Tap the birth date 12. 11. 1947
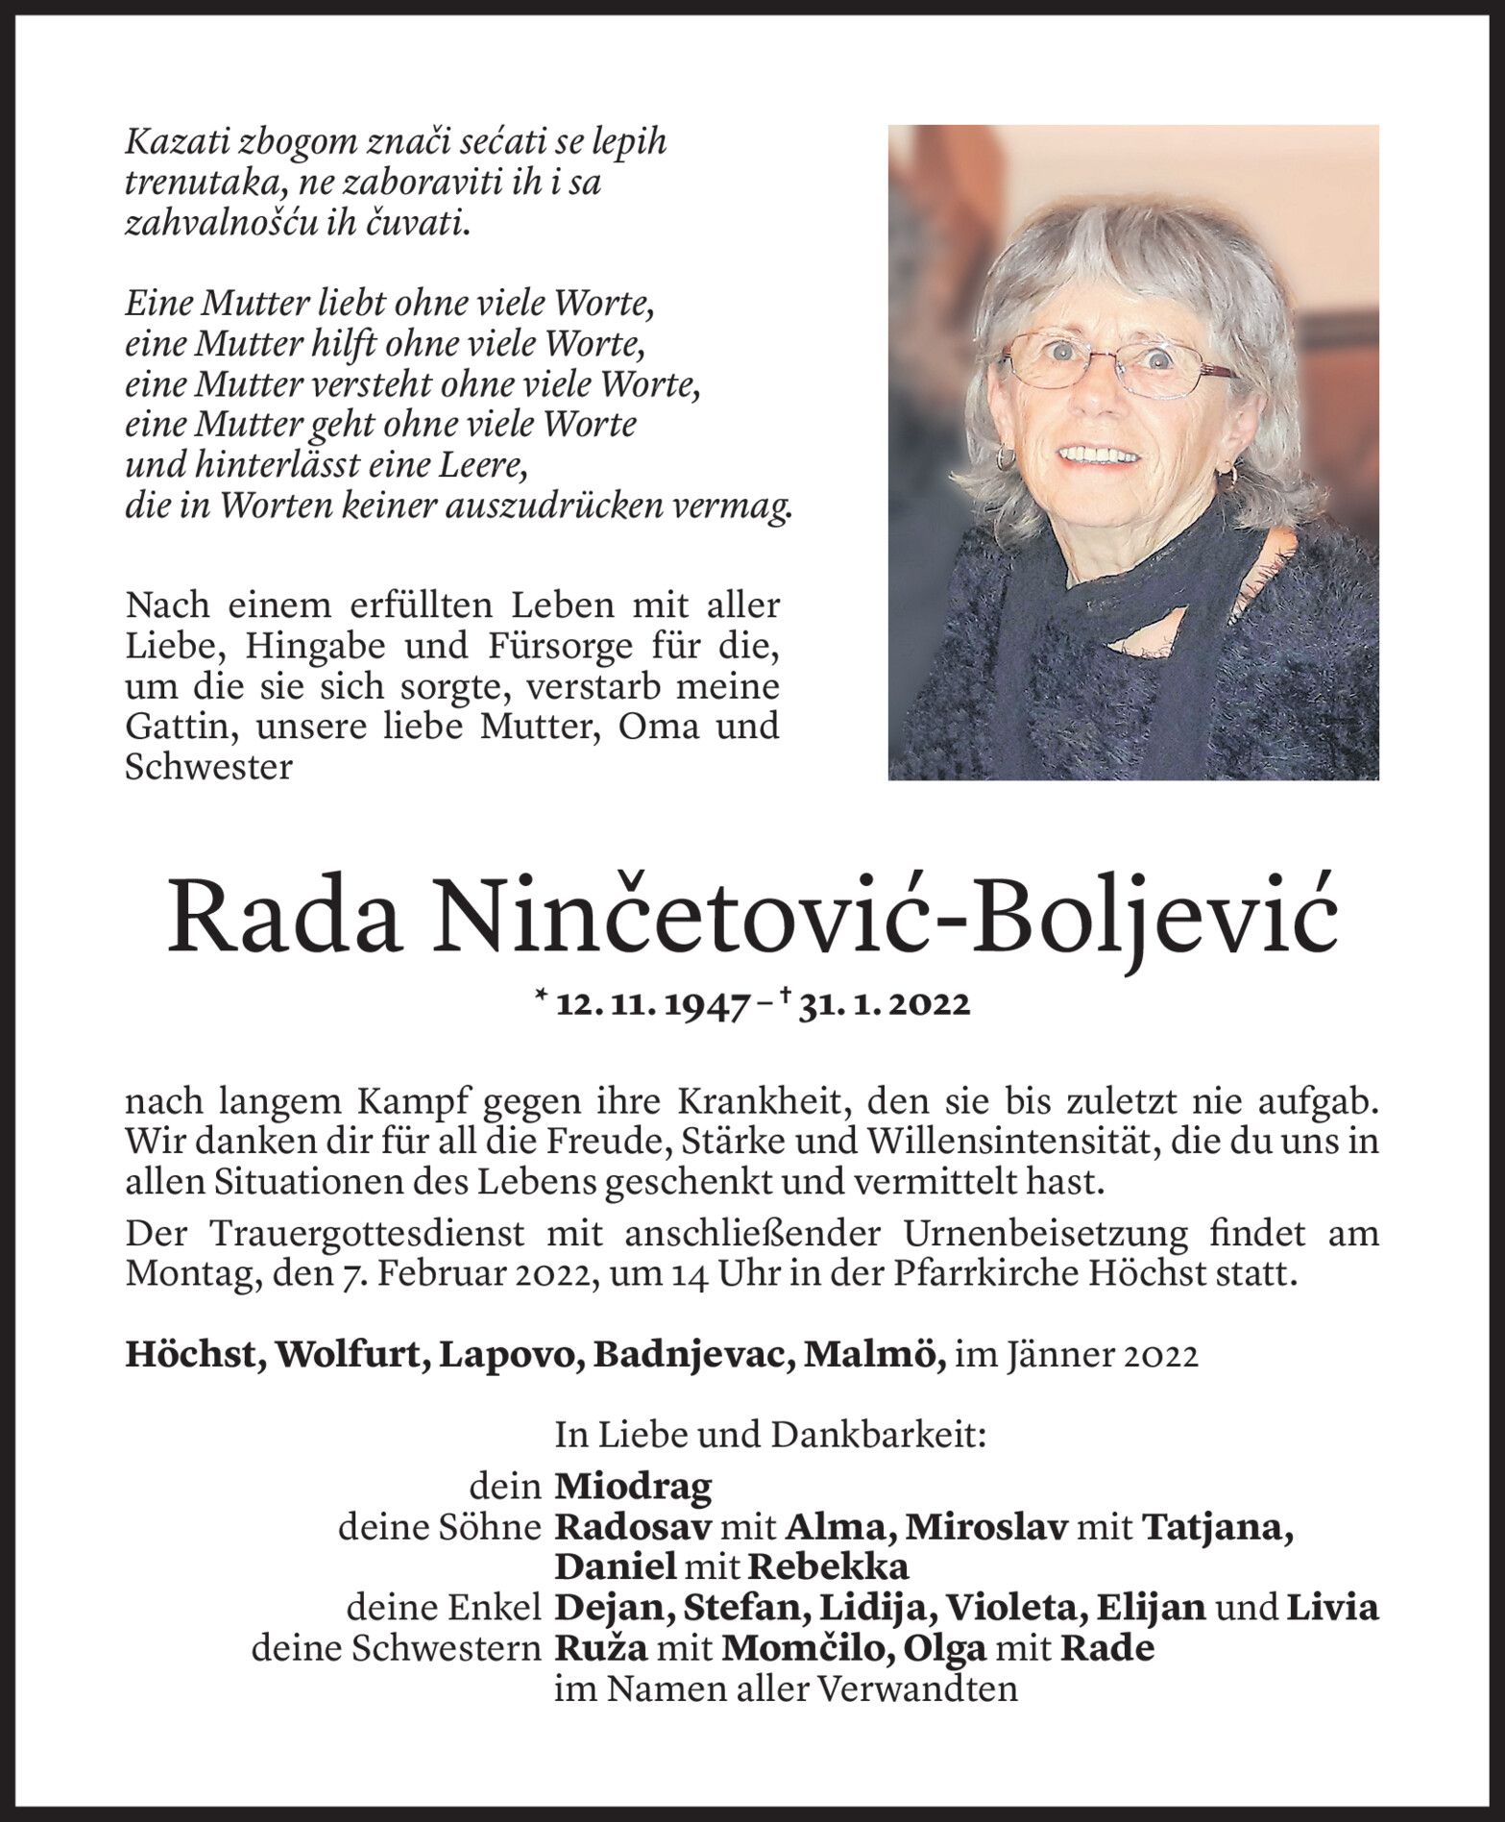coord(653,1004)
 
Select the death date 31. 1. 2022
coord(883,1004)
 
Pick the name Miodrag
coord(634,1487)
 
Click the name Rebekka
coord(828,1566)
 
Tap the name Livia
coord(1332,1607)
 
